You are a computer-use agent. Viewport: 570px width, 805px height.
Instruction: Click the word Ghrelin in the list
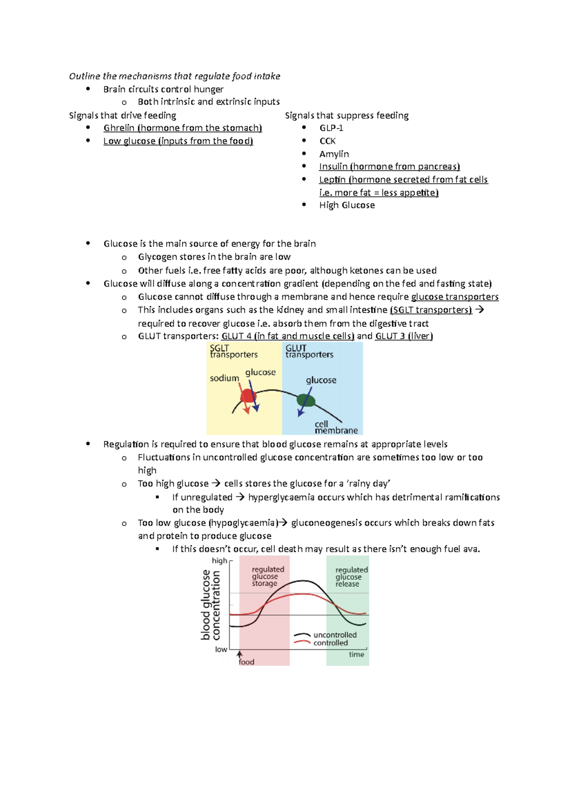(x=119, y=128)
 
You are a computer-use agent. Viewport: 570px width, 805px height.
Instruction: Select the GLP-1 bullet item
(x=331, y=128)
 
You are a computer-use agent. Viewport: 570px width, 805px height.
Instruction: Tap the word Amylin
(x=334, y=154)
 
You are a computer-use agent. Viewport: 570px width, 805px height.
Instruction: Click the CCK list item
(x=327, y=141)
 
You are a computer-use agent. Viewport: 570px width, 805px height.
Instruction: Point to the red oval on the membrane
(x=248, y=396)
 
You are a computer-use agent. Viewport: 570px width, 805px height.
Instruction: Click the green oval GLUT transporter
(x=306, y=400)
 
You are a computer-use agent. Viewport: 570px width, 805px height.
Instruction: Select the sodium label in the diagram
(x=224, y=378)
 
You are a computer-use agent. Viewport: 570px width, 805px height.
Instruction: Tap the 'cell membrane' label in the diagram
(x=336, y=427)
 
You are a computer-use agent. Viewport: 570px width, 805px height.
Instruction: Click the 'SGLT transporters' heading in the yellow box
(x=233, y=351)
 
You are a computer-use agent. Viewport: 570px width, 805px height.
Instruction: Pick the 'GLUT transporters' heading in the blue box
(x=309, y=351)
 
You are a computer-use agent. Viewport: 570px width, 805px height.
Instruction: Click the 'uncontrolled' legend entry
(x=335, y=635)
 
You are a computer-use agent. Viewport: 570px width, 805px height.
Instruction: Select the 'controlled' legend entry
(x=331, y=643)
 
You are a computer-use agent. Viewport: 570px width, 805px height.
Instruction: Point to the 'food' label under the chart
(x=246, y=662)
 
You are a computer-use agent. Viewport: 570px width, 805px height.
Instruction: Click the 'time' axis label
(x=356, y=654)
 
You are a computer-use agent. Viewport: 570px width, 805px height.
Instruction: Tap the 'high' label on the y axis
(x=219, y=561)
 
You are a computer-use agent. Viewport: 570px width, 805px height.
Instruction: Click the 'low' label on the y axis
(x=221, y=649)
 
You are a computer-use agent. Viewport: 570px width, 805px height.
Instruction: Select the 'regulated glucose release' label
(x=351, y=577)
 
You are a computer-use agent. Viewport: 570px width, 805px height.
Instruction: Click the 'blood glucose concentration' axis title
(x=210, y=605)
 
